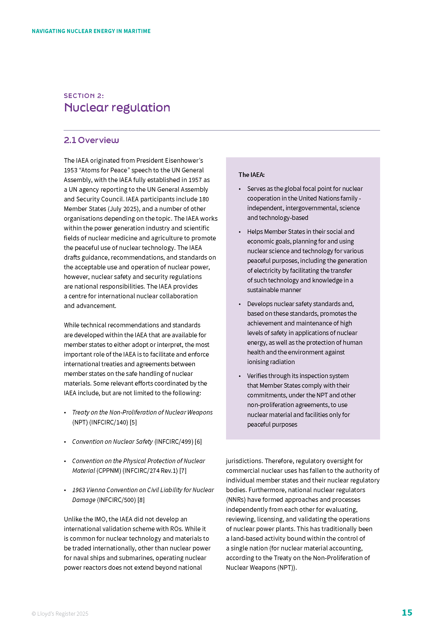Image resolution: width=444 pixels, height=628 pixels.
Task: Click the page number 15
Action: coord(406,612)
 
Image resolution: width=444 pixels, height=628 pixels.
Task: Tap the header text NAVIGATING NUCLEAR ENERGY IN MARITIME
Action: coord(91,31)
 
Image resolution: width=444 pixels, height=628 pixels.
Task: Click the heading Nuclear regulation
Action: coord(117,107)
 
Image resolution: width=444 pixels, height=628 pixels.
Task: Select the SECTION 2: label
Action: coord(84,96)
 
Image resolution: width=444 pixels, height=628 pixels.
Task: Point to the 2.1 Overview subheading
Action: coord(91,140)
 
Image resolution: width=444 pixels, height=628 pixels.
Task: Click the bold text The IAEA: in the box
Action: coord(251,175)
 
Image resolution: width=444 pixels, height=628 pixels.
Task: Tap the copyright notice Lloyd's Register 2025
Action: coord(60,614)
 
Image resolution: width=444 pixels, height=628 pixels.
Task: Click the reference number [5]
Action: coord(133,422)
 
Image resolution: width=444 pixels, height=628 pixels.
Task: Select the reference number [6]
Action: coord(198,442)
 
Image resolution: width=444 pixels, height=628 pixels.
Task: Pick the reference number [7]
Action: coord(183,471)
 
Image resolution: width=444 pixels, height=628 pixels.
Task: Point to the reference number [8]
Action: coord(141,500)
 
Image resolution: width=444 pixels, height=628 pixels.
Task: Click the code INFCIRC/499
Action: coord(174,442)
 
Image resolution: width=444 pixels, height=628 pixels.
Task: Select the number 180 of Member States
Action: coord(204,199)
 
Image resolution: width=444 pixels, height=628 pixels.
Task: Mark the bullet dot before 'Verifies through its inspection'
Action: coord(240,376)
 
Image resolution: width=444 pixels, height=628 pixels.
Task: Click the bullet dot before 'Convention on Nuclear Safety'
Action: coord(65,442)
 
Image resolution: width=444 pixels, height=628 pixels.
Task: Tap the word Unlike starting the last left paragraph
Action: coord(72,519)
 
